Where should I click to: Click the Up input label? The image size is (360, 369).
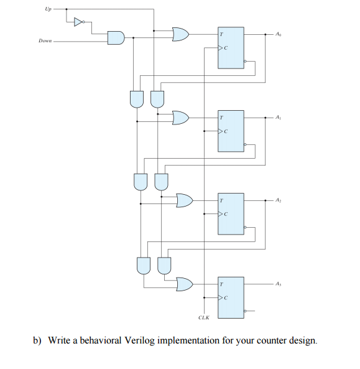tap(48, 9)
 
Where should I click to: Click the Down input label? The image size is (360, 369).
tap(45, 41)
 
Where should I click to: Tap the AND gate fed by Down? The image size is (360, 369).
tap(116, 38)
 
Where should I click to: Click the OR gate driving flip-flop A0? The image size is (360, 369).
tap(180, 34)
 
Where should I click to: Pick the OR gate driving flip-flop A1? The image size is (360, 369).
tap(180, 117)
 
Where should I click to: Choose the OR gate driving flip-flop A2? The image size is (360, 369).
tap(184, 200)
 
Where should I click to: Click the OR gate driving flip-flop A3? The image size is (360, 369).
tap(184, 284)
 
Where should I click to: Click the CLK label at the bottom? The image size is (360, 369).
tap(203, 317)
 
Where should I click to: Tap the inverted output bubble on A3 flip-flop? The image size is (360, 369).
tap(246, 311)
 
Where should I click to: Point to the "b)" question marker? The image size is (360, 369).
tap(39, 341)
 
